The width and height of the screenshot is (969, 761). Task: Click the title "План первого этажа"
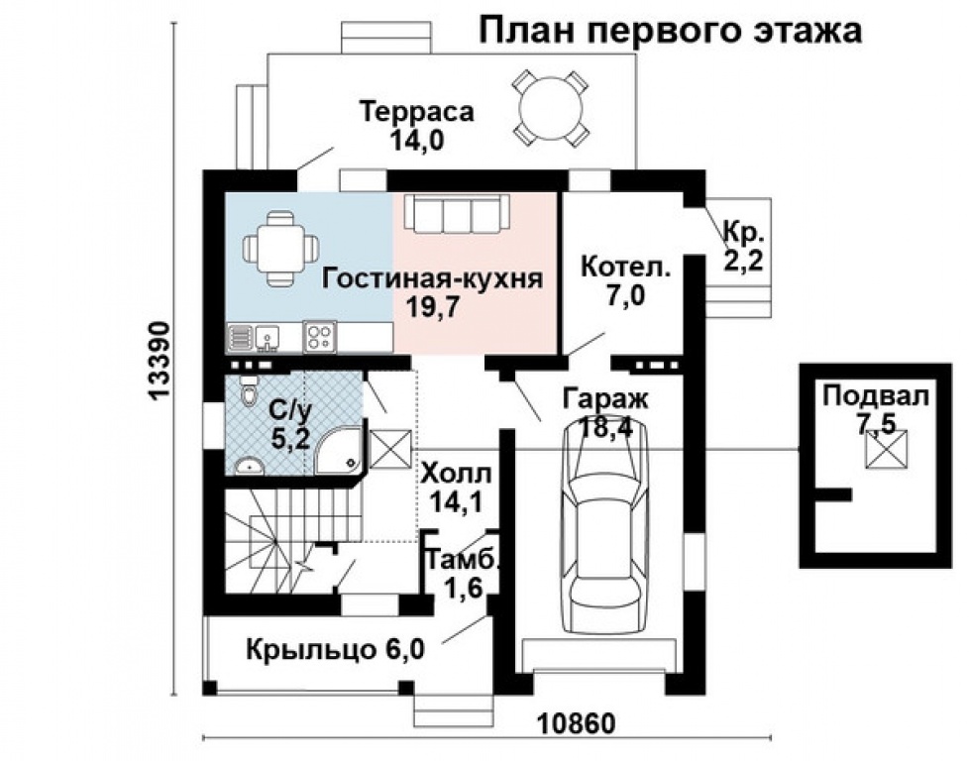click(x=671, y=30)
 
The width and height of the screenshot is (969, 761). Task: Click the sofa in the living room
click(x=453, y=213)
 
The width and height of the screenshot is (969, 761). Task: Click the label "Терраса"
click(x=417, y=111)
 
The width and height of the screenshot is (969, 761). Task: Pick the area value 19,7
click(x=432, y=306)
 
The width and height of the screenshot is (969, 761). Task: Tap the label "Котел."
click(x=625, y=268)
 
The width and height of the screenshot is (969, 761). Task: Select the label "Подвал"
click(x=876, y=398)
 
